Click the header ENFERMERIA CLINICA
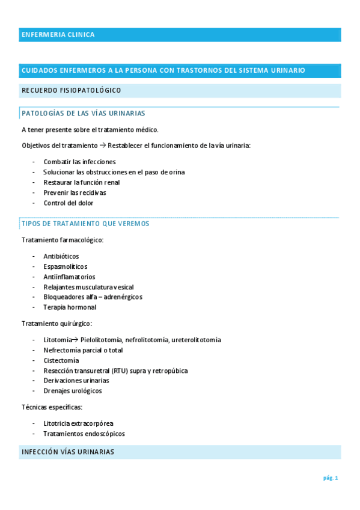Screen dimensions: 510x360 pos(58,35)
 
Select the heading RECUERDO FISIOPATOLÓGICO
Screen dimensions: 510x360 pos(71,91)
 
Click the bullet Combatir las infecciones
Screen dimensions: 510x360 pos(79,162)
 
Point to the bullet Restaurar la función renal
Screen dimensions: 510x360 pos(82,182)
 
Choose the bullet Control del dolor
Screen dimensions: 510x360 pos(69,203)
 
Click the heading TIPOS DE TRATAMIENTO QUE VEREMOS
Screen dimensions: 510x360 pos(85,224)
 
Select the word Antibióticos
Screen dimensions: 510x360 pos(61,256)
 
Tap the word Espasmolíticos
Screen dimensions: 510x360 pos(65,266)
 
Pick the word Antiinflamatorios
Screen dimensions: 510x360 pos(69,277)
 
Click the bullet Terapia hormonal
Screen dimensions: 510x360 pos(70,307)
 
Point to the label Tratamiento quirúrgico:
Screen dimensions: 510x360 pos(56,324)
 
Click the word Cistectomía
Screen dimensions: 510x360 pos(61,360)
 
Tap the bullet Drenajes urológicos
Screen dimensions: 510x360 pos(73,391)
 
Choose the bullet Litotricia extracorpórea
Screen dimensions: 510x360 pos(78,423)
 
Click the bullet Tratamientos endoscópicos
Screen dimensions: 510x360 pos(84,434)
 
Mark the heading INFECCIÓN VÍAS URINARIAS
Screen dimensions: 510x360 pos(67,452)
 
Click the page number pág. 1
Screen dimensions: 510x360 pos(331,478)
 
